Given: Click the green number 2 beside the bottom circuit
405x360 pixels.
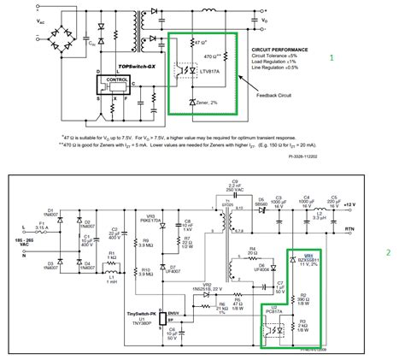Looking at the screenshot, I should point(388,252).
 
